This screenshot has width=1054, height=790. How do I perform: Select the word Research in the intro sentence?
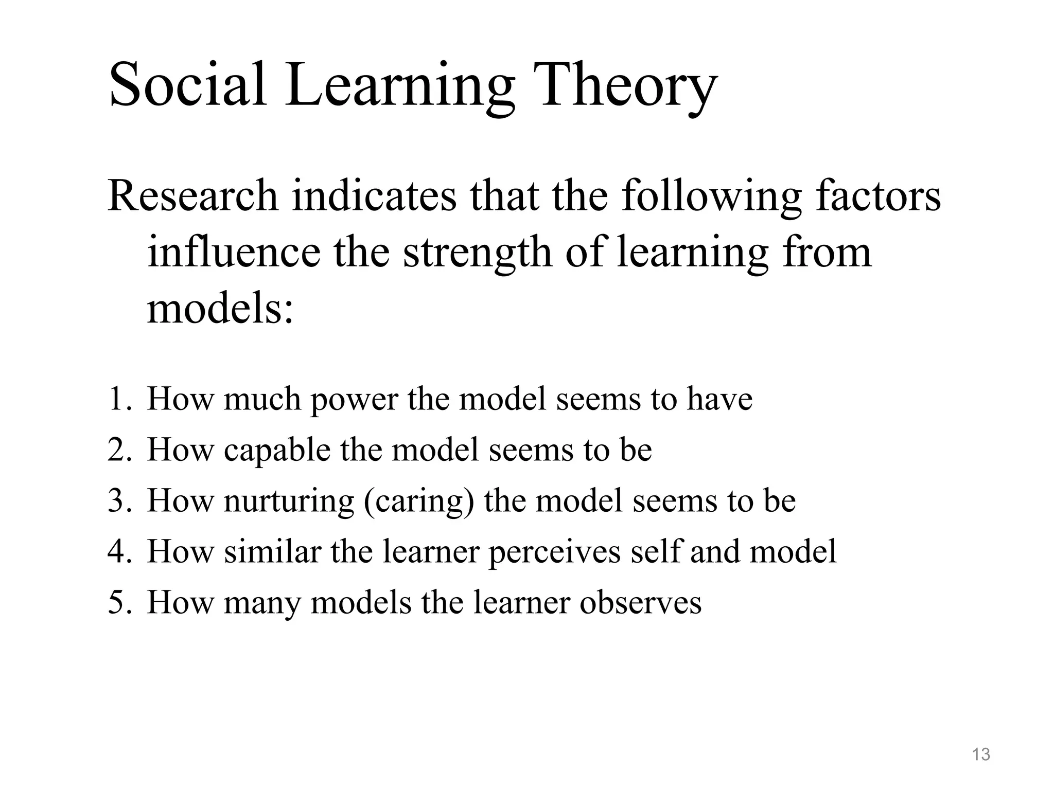tap(193, 196)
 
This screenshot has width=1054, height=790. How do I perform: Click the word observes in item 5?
tap(640, 603)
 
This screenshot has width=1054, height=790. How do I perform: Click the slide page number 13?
tap(981, 755)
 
